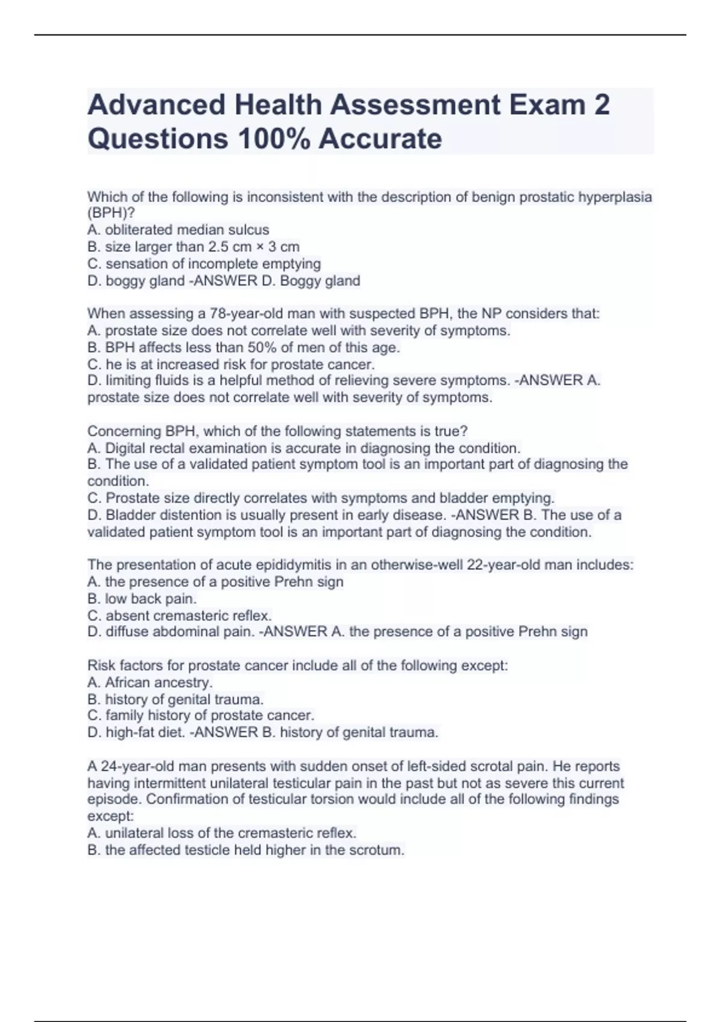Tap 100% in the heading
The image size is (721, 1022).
274,139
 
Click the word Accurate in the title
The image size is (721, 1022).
380,139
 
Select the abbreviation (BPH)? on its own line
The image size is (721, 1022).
111,213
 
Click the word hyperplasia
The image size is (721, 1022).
615,197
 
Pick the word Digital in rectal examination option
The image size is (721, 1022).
126,448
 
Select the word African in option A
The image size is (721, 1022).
128,682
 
